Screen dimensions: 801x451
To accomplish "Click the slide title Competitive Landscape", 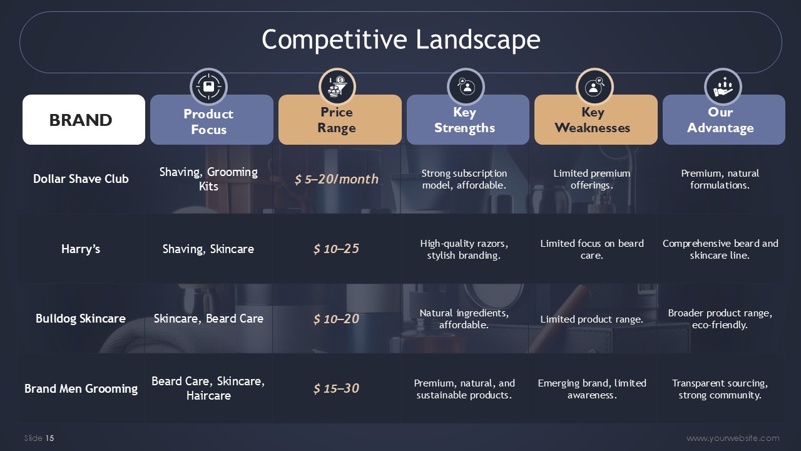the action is click(x=401, y=39).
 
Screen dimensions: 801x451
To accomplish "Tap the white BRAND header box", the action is click(x=84, y=120).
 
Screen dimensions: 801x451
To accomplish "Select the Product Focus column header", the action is click(x=212, y=120).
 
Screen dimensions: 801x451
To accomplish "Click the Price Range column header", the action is click(x=340, y=120).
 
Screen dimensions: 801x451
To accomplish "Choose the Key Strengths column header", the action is click(x=467, y=120).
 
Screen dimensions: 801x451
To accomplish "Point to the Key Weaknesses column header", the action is click(x=596, y=120).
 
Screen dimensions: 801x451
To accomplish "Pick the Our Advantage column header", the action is click(x=724, y=120).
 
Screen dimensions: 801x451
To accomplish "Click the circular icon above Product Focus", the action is click(x=208, y=87).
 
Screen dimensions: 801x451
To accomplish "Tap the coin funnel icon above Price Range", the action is click(x=337, y=87).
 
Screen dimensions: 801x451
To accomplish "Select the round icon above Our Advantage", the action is click(x=723, y=87).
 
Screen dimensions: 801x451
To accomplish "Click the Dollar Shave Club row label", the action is click(x=81, y=179).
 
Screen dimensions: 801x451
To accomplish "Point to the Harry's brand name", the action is click(x=81, y=249).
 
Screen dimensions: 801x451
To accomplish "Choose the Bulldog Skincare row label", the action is click(x=81, y=318).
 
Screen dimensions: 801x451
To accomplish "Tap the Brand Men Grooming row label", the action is click(x=81, y=388).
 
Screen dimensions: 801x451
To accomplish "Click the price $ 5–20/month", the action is click(x=337, y=179).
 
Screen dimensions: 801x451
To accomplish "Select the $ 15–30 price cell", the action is click(x=336, y=388).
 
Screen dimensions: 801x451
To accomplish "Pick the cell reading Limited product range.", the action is click(x=592, y=319).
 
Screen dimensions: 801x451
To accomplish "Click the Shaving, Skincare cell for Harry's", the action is click(x=208, y=249).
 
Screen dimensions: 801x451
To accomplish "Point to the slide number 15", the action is click(x=49, y=438).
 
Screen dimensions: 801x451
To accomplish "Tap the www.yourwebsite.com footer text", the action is click(x=733, y=438).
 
